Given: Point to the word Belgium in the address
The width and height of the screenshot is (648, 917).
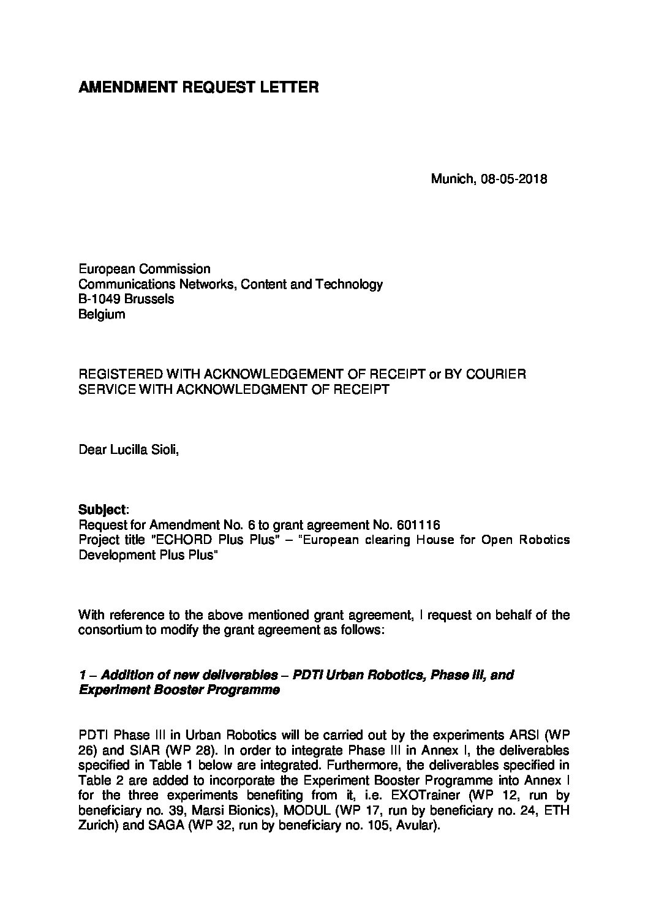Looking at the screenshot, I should point(102,314).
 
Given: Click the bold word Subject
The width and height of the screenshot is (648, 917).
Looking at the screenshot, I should point(102,510).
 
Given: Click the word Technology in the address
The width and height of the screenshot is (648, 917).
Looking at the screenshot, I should point(351,284).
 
